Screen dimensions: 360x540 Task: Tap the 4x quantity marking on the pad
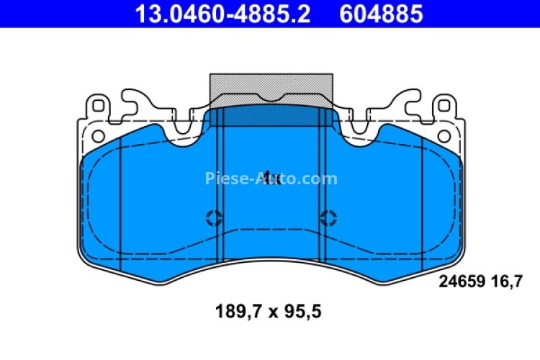click(271, 179)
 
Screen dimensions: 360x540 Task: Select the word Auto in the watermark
click(276, 179)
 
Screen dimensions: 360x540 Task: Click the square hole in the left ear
click(99, 107)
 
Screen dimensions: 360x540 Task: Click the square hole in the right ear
click(444, 107)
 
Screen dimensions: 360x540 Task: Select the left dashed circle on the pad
click(214, 217)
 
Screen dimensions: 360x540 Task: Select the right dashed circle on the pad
click(329, 217)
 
